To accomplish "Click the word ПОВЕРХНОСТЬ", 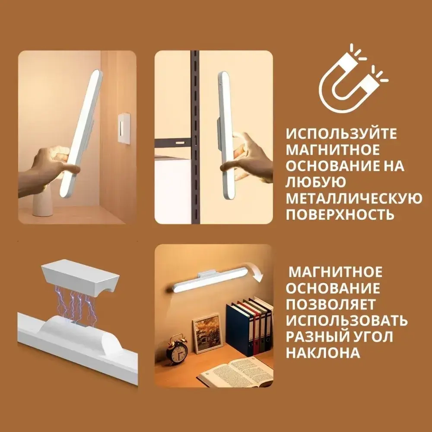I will [340, 214].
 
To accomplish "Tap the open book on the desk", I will [235, 371].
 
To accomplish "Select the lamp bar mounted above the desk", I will [207, 283].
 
